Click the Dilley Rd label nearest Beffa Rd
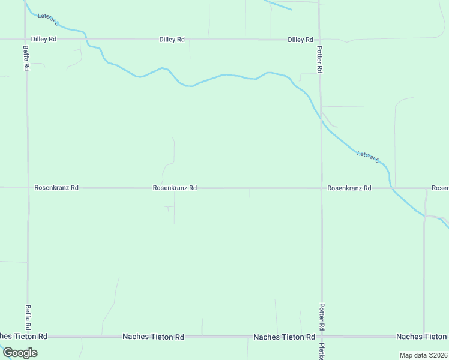click(44, 39)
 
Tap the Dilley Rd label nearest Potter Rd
click(300, 40)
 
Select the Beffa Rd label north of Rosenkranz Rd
click(26, 58)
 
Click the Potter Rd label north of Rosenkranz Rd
click(319, 61)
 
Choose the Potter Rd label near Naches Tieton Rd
click(322, 316)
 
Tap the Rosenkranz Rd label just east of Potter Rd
click(349, 188)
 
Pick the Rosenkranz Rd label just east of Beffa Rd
click(56, 188)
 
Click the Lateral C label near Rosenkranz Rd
click(368, 157)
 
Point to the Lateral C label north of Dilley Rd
click(49, 20)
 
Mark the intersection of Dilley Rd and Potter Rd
click(319, 40)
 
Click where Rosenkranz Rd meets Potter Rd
click(321, 188)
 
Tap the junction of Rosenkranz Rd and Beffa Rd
click(27, 188)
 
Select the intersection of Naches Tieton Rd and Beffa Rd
click(28, 337)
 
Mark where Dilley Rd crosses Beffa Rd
click(26, 39)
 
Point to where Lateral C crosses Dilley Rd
click(87, 40)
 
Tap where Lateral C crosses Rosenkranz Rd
click(391, 188)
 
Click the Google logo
click(20, 352)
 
